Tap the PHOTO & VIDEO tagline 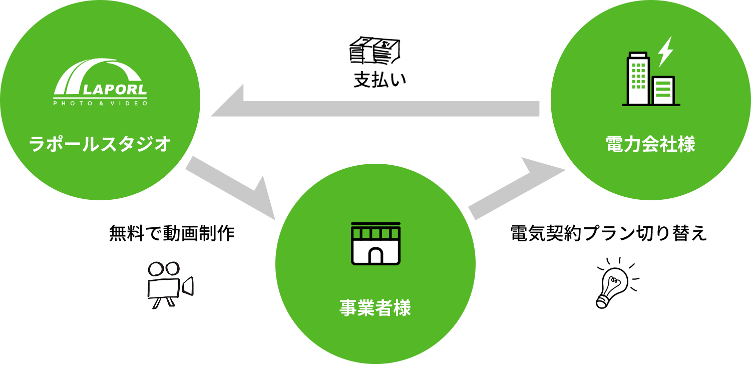[x=101, y=104]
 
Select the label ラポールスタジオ [x=100, y=145]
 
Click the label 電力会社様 [x=650, y=145]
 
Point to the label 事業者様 [x=375, y=308]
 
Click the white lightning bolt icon [x=665, y=51]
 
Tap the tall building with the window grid [x=638, y=79]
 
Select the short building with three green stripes [x=663, y=90]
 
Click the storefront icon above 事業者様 [x=375, y=243]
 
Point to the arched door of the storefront [x=375, y=255]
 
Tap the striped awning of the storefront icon [x=375, y=233]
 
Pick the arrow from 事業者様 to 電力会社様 [x=516, y=190]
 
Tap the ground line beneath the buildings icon [x=651, y=105]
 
